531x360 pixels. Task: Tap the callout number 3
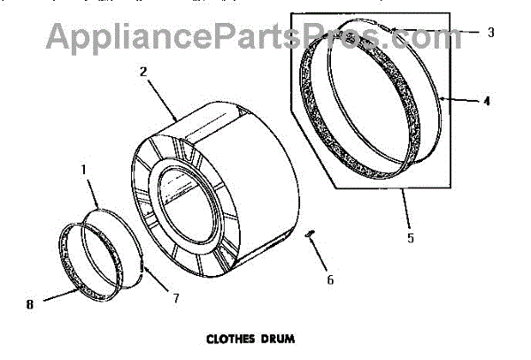pos(489,33)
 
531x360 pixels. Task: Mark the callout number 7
pos(176,298)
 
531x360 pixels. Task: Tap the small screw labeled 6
pos(309,234)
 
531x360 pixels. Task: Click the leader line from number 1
pos(92,189)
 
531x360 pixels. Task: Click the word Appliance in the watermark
pos(133,37)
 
